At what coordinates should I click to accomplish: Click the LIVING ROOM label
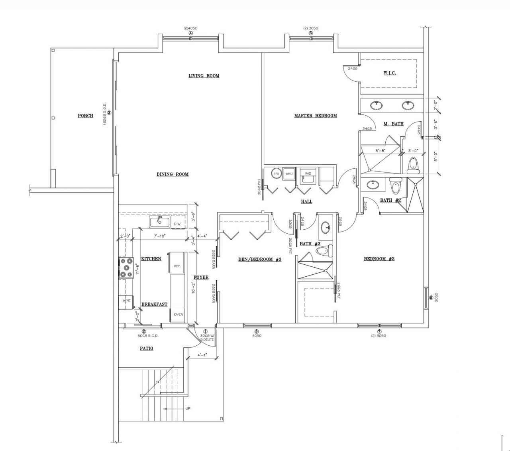204,76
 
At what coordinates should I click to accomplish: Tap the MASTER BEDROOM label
315,116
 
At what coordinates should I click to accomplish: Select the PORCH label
85,116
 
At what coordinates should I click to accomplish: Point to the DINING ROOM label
172,174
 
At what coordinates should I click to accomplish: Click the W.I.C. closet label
390,73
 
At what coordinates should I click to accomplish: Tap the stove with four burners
126,268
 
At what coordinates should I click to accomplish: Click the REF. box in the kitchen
177,266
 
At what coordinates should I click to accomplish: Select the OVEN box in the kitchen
178,314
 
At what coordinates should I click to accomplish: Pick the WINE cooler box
126,300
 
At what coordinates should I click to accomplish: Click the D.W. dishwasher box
178,224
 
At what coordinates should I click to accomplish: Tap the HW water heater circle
276,173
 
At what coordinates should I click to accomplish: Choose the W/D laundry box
308,174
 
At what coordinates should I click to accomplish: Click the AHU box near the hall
289,173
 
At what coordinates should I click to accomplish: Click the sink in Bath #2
373,185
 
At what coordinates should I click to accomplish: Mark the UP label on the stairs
187,409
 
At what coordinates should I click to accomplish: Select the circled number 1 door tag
206,331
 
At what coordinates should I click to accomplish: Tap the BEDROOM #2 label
379,259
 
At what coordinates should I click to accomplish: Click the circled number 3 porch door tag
108,112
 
